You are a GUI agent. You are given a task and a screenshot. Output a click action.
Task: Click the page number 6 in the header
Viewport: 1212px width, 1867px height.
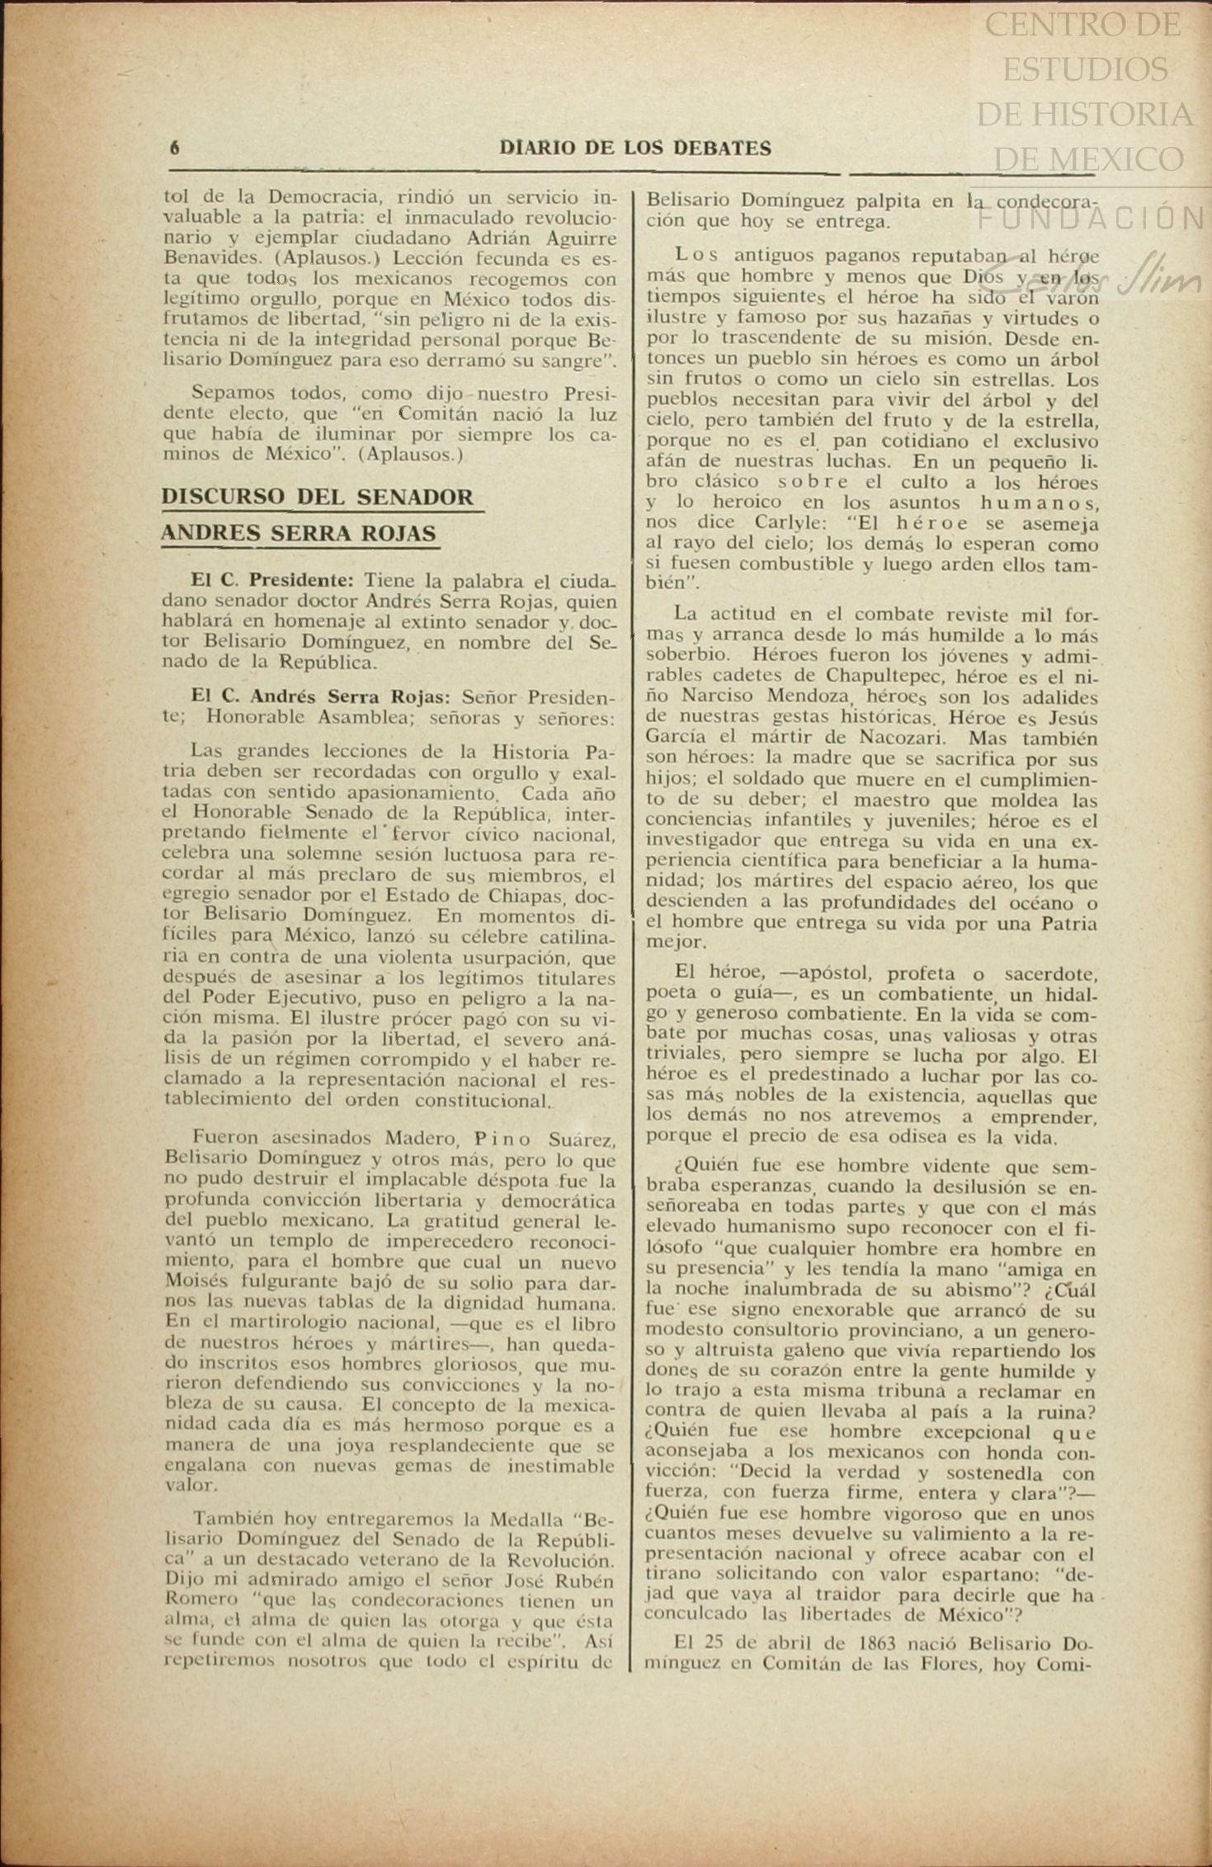tap(174, 149)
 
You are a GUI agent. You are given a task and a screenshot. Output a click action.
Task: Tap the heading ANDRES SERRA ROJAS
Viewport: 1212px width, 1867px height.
tap(298, 534)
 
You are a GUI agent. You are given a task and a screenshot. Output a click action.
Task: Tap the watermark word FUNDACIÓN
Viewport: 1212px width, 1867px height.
tap(1091, 219)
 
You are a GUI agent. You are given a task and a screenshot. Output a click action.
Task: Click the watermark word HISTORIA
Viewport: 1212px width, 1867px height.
tap(1085, 114)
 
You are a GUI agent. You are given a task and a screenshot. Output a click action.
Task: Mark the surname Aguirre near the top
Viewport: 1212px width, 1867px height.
tap(574, 238)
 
